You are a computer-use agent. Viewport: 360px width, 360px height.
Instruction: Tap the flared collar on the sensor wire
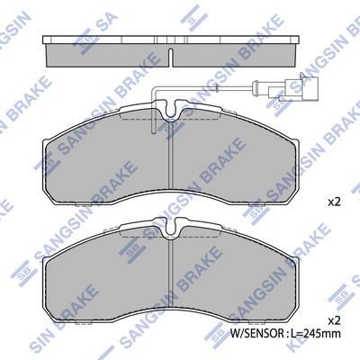[x=256, y=87]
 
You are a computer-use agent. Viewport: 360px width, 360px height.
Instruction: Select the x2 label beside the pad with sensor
[x=334, y=202]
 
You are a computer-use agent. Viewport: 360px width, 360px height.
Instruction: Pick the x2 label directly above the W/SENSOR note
[x=334, y=321]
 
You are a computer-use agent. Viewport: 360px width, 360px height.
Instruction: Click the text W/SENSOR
[x=256, y=333]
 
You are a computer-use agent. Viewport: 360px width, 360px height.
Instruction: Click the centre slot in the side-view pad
[x=171, y=57]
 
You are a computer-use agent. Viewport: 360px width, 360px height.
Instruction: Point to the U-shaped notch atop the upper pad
[x=171, y=110]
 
